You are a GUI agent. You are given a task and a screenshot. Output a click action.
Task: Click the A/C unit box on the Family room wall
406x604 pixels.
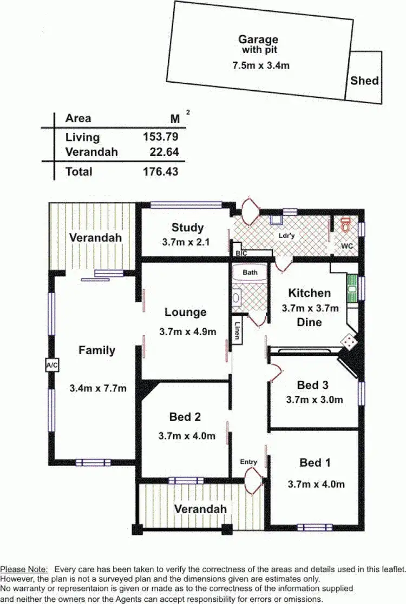tap(52, 366)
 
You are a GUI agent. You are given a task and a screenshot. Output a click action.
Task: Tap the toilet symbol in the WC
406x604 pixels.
tap(346, 223)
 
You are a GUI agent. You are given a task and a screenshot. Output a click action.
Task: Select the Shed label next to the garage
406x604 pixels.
tap(364, 81)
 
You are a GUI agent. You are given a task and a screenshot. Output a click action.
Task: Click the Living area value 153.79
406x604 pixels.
tap(160, 137)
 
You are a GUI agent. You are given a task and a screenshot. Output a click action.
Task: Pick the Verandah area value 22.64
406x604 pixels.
tap(164, 152)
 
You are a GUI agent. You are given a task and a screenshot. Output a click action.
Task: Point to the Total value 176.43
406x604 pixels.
tap(160, 172)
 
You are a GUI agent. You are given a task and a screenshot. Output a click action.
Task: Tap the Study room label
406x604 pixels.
tap(187, 228)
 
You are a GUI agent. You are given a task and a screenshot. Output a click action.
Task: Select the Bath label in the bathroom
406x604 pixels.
tap(250, 273)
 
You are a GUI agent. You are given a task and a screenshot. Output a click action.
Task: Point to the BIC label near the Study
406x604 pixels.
tap(241, 253)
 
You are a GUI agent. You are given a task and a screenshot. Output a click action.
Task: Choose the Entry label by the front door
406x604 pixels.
tap(248, 462)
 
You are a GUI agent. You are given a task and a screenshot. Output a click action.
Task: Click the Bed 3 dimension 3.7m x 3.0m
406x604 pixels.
tap(314, 400)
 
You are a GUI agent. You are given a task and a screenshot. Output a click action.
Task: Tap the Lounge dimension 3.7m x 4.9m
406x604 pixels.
tap(187, 331)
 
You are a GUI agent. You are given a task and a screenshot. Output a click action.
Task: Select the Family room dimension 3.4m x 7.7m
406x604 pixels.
tap(97, 388)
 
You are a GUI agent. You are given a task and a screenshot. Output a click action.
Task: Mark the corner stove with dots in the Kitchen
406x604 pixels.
tap(348, 342)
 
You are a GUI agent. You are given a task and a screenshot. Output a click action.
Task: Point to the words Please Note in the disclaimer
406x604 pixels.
tap(24, 569)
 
